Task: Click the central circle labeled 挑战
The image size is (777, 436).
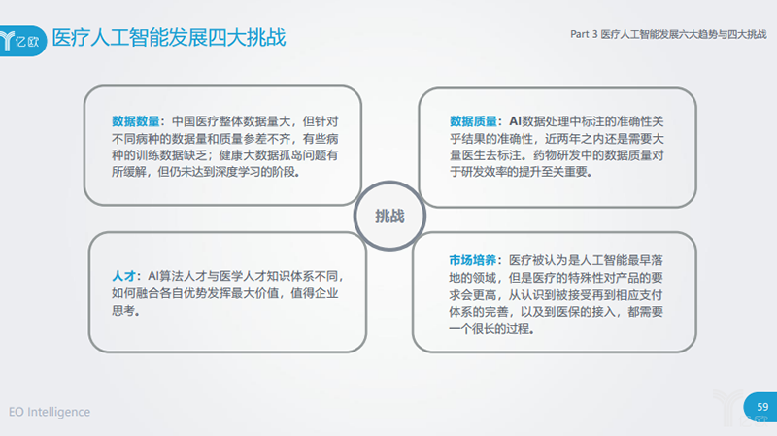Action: coord(388,217)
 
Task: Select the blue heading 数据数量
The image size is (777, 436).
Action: coord(136,122)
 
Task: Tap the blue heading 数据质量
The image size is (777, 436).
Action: coord(474,122)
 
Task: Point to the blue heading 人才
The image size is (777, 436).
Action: coord(122,276)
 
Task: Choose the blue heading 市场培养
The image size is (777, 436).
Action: coord(474,261)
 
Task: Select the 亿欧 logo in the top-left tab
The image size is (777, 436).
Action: coord(21,39)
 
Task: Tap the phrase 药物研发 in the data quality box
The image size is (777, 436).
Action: coord(556,155)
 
